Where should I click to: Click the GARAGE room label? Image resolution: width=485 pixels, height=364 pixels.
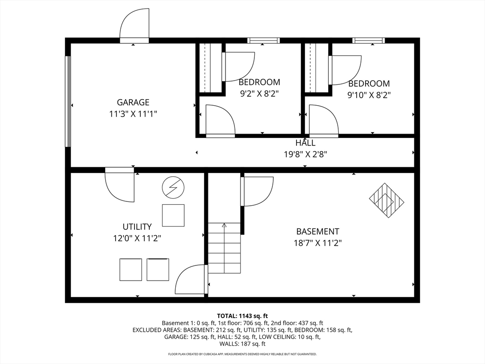[x=133, y=102]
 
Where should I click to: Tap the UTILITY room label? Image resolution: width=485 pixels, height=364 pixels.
[x=137, y=227]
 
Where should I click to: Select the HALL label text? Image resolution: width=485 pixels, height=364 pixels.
[x=305, y=143]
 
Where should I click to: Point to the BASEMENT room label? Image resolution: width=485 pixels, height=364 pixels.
[x=318, y=231]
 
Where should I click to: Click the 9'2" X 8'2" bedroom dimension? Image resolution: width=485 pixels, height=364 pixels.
[x=260, y=93]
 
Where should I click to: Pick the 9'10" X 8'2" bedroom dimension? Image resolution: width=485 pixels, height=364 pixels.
[x=369, y=95]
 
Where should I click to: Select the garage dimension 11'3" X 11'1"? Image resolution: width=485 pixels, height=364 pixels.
[x=133, y=114]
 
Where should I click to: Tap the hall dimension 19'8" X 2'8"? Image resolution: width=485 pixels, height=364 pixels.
[x=305, y=154]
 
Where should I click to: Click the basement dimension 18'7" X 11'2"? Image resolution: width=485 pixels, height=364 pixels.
[x=318, y=243]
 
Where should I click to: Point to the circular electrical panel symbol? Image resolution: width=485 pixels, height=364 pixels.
[x=173, y=187]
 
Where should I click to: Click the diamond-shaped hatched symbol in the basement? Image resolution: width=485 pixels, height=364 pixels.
[x=386, y=200]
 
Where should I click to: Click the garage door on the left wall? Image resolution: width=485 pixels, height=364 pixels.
[x=68, y=101]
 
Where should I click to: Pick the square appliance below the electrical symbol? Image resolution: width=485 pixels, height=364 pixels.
[x=173, y=216]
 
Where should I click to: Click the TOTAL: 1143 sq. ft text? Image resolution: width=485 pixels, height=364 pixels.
[x=242, y=316]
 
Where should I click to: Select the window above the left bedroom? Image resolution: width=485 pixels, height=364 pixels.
[x=263, y=40]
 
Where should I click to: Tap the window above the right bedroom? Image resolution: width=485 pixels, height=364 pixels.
[x=368, y=40]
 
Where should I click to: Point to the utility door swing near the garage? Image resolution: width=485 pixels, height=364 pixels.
[x=119, y=185]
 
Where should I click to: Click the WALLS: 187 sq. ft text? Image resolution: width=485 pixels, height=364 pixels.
[x=242, y=344]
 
